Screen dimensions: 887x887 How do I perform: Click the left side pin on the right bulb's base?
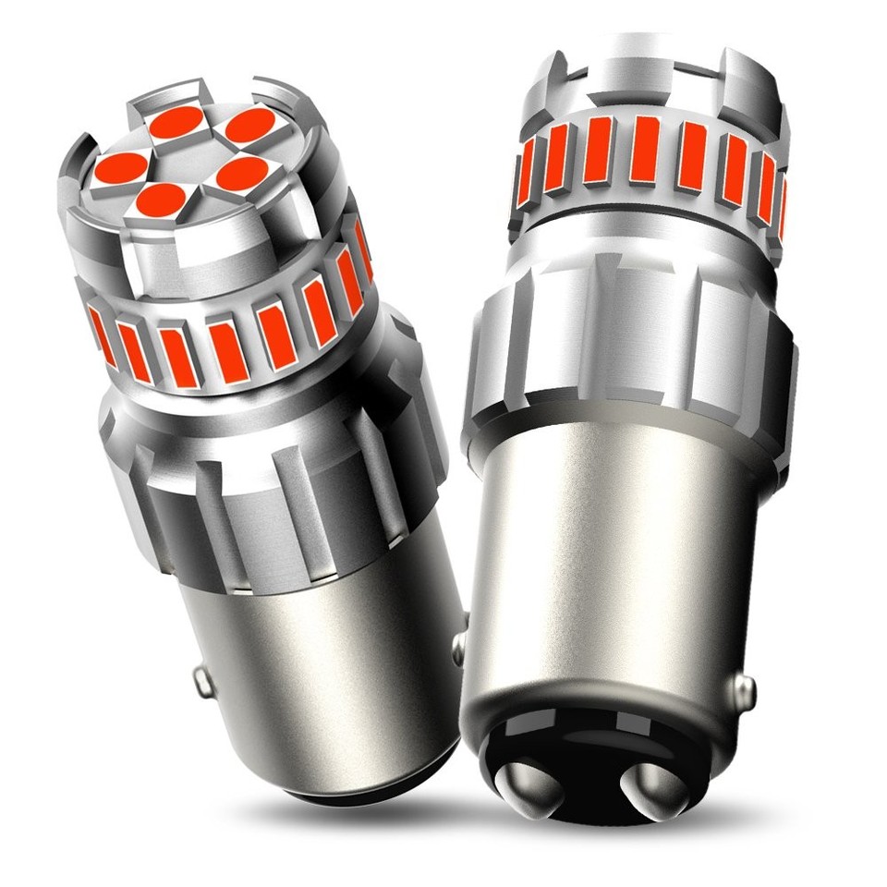click(458, 647)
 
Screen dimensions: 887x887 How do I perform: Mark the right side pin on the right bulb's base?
click(745, 687)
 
